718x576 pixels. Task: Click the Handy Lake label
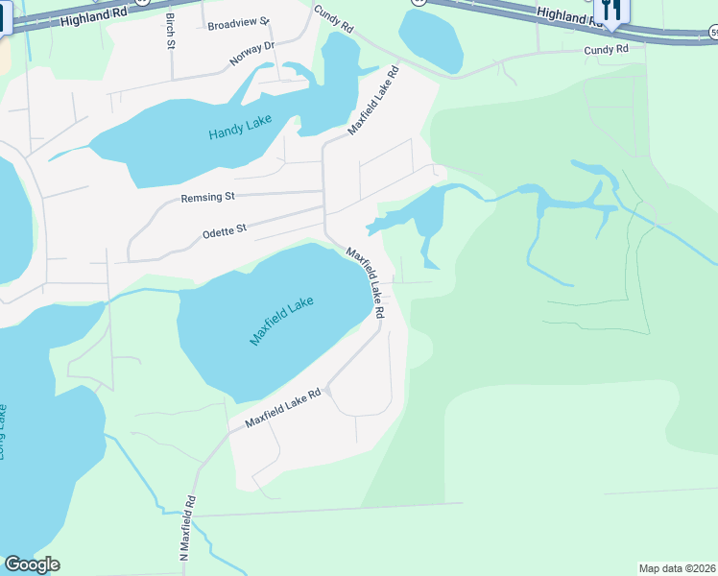(x=240, y=128)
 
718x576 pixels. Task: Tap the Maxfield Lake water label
(x=282, y=321)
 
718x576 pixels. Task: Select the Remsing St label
(x=208, y=198)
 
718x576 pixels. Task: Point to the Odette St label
(x=225, y=230)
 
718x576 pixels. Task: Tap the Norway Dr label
(x=252, y=53)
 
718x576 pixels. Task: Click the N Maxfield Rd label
(x=187, y=528)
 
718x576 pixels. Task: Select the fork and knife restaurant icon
(x=610, y=10)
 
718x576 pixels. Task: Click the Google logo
(x=32, y=564)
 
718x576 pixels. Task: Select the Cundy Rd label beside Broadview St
(x=328, y=20)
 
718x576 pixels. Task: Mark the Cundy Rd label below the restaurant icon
(x=606, y=48)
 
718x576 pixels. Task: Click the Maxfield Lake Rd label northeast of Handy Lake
(x=373, y=100)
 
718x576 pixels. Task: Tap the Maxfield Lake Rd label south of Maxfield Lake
(x=281, y=409)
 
